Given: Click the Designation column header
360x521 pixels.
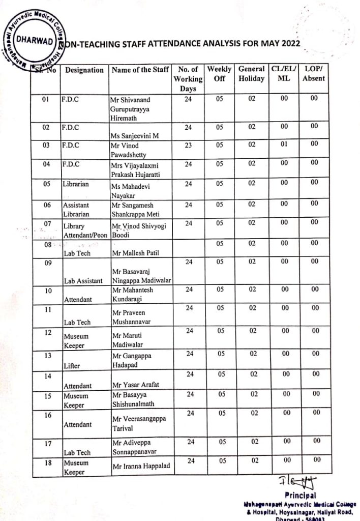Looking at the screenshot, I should click(x=84, y=70).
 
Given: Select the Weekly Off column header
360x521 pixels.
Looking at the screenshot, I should click(x=219, y=74).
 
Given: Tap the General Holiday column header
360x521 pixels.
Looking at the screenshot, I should click(x=251, y=74).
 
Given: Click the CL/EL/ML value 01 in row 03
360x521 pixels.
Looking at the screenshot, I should click(x=284, y=144).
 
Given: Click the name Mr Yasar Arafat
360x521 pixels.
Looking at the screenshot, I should click(x=133, y=385).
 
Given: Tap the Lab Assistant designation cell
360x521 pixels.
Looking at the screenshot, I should click(x=84, y=280).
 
